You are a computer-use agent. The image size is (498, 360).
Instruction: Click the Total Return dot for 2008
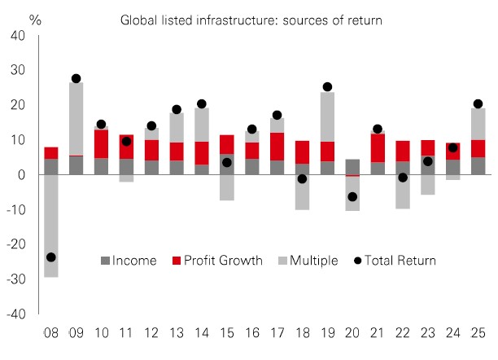click(51, 257)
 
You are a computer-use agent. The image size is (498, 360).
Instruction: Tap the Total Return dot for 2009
click(76, 79)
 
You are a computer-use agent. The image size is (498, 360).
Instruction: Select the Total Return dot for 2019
click(328, 86)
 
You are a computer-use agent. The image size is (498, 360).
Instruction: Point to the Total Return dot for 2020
click(353, 196)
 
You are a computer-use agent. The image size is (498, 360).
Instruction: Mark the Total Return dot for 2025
click(478, 104)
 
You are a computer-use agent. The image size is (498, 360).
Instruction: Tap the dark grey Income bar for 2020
click(353, 166)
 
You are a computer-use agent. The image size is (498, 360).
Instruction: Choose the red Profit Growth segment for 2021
click(378, 147)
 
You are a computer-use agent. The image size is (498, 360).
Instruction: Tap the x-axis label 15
click(227, 332)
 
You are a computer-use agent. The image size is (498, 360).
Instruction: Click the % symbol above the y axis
click(35, 16)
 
